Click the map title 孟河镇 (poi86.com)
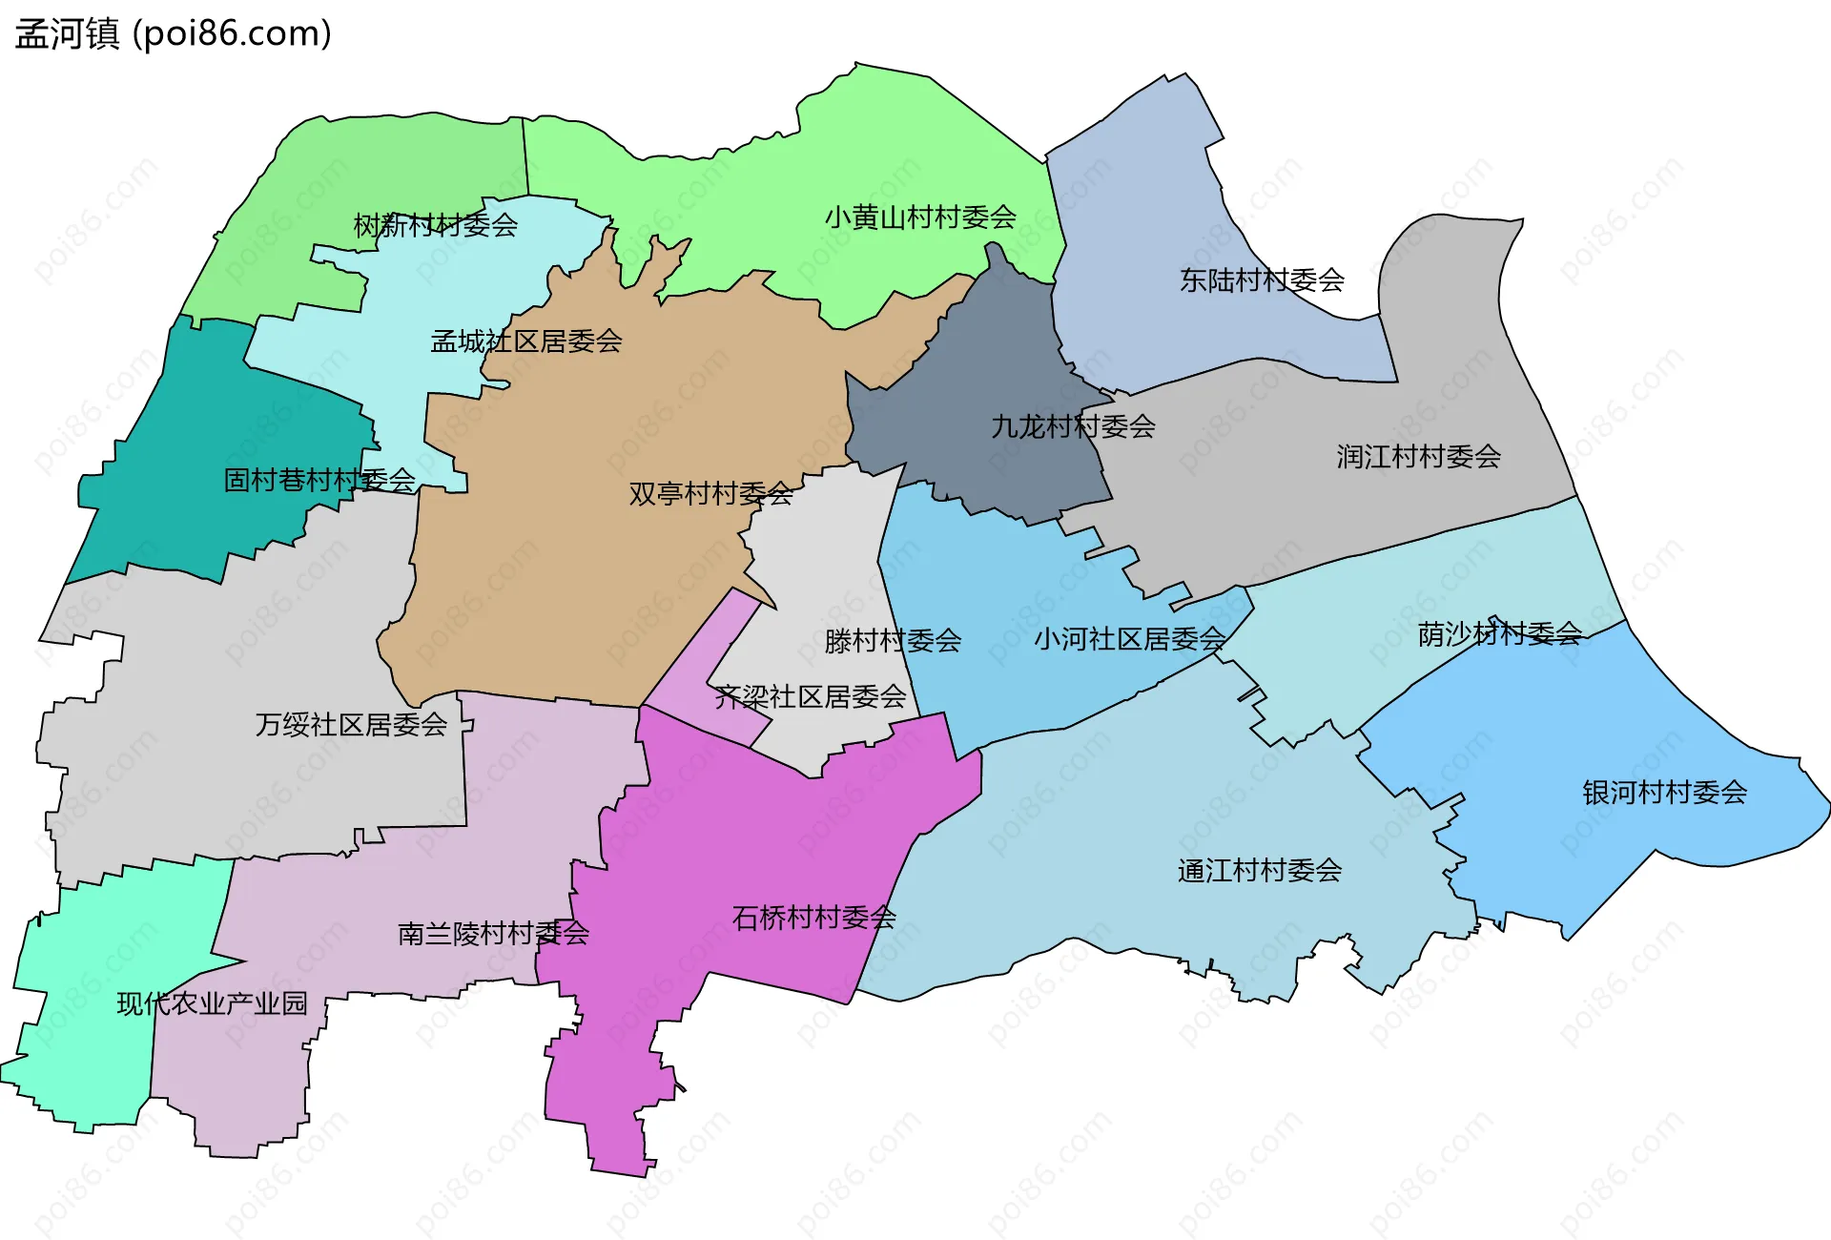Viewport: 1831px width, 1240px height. [173, 33]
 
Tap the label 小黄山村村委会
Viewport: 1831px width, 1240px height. [920, 217]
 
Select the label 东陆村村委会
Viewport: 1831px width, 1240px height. [1262, 279]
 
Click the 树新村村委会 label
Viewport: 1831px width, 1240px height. [436, 225]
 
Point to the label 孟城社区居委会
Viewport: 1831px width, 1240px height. [526, 341]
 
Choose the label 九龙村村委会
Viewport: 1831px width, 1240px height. [1073, 425]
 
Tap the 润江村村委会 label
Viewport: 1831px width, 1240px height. [1418, 456]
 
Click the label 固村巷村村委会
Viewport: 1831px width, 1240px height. [319, 479]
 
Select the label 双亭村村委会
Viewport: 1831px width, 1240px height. [710, 493]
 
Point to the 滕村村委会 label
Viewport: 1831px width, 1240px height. [893, 640]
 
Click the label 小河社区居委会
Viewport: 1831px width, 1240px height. [1130, 638]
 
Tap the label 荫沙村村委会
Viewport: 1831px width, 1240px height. [1499, 633]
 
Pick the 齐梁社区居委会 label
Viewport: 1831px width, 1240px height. [811, 696]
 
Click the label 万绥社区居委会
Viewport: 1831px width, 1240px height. [351, 725]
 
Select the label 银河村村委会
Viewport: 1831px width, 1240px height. [1664, 792]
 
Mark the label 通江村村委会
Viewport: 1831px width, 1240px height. [1259, 870]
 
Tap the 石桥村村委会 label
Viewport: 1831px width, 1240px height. [813, 917]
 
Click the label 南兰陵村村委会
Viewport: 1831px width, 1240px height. [493, 933]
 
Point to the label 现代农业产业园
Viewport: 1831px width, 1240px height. [212, 1002]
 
